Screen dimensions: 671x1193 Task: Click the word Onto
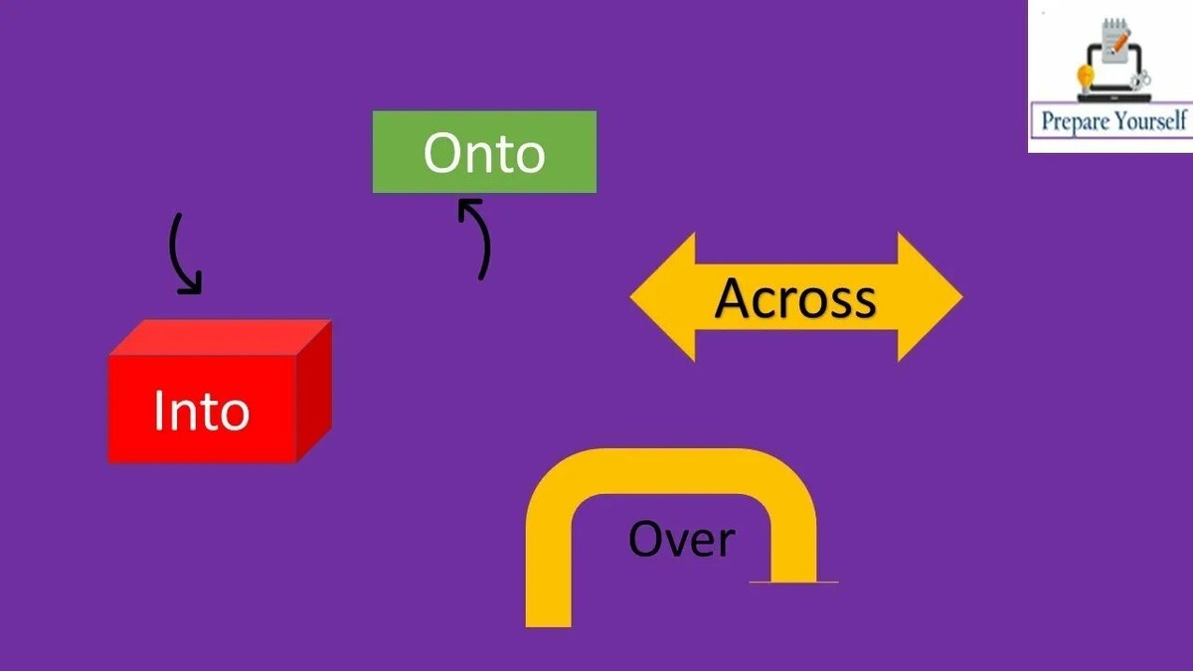484,153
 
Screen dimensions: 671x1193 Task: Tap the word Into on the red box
201,410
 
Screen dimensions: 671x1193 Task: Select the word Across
795,297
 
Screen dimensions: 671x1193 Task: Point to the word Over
681,539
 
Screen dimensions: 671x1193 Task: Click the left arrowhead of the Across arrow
661,297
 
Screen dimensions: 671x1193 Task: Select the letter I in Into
160,409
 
